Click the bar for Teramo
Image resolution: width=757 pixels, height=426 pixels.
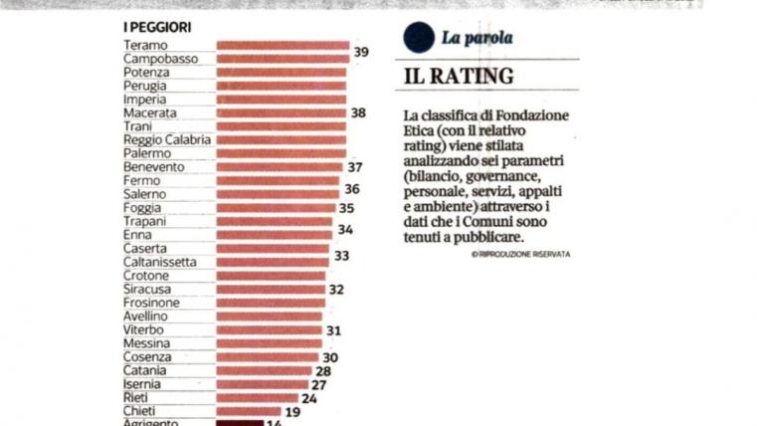(x=282, y=46)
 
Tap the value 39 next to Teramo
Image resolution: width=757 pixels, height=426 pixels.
(x=361, y=51)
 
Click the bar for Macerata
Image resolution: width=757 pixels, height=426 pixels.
(x=282, y=113)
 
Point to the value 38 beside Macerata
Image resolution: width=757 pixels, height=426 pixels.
(x=359, y=113)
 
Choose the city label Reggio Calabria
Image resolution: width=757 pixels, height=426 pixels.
(x=166, y=140)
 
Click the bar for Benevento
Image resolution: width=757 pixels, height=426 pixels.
(x=279, y=167)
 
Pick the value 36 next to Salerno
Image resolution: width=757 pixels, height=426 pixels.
(x=352, y=188)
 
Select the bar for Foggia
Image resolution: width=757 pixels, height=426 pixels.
(x=276, y=208)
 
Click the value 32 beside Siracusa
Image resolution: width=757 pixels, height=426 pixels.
(x=336, y=290)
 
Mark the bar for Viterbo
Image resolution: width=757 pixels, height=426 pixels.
(x=269, y=329)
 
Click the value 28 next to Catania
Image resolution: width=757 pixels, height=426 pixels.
(x=322, y=370)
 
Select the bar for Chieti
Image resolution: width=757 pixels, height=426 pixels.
(x=249, y=411)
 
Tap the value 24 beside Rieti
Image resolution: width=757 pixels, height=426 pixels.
(x=308, y=398)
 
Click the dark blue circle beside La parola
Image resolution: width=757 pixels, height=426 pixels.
(x=417, y=38)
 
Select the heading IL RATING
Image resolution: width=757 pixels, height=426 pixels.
(x=459, y=77)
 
